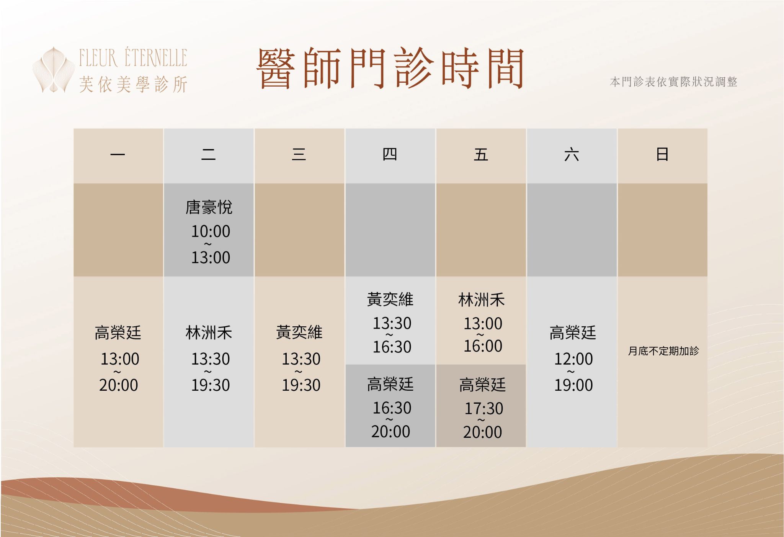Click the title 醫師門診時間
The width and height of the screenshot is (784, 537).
(x=390, y=68)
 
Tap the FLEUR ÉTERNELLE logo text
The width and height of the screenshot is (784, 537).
(x=133, y=58)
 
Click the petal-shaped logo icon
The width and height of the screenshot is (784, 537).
(x=53, y=70)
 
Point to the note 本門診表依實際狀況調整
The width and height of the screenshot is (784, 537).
(x=673, y=82)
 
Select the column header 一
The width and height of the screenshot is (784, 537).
(x=118, y=155)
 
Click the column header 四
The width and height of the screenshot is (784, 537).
(x=390, y=154)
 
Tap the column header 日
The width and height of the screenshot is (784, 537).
(x=662, y=154)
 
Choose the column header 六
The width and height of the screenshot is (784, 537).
(x=572, y=155)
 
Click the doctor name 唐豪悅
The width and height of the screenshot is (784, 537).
(x=209, y=207)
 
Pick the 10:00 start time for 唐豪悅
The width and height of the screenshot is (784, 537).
(x=211, y=231)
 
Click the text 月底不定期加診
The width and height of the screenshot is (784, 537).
(x=663, y=351)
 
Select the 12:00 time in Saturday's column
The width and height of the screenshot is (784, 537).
(x=573, y=359)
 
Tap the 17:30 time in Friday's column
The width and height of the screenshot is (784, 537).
(x=484, y=409)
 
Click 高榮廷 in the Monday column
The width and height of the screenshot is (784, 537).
(x=118, y=332)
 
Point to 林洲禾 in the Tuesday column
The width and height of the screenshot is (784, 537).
(x=209, y=332)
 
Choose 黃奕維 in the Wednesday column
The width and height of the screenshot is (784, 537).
(x=299, y=332)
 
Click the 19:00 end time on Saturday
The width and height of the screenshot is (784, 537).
(x=573, y=385)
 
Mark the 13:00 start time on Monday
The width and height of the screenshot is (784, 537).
(x=120, y=359)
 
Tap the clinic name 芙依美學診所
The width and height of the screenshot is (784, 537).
(x=133, y=85)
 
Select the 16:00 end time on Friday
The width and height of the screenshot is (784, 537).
(x=483, y=346)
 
